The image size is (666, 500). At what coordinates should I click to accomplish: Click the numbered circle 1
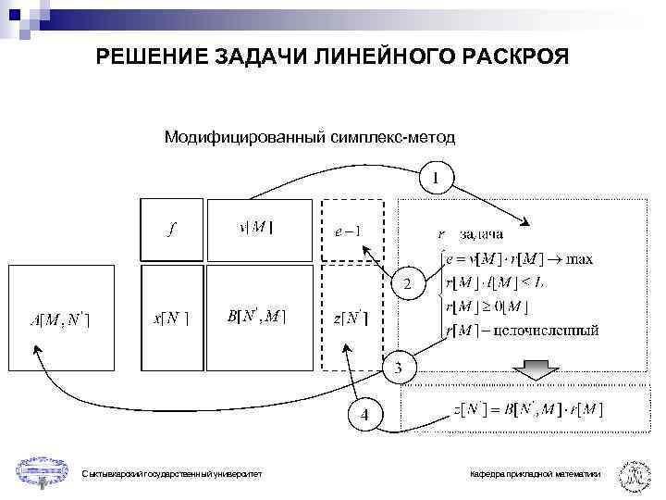[x=436, y=176]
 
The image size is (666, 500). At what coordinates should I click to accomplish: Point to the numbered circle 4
[x=364, y=415]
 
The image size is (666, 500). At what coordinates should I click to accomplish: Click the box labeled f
[x=172, y=230]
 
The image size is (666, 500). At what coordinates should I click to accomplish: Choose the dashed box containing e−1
[x=351, y=230]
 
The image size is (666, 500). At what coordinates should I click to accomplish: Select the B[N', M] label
[x=256, y=317]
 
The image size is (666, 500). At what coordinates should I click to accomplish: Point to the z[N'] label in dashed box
[x=351, y=318]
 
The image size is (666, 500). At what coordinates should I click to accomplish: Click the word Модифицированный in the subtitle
[x=244, y=138]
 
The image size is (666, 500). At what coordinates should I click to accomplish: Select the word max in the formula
[x=579, y=256]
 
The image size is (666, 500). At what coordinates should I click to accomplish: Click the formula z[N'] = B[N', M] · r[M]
[x=529, y=409]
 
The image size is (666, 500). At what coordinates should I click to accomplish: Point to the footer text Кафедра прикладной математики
[x=534, y=474]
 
